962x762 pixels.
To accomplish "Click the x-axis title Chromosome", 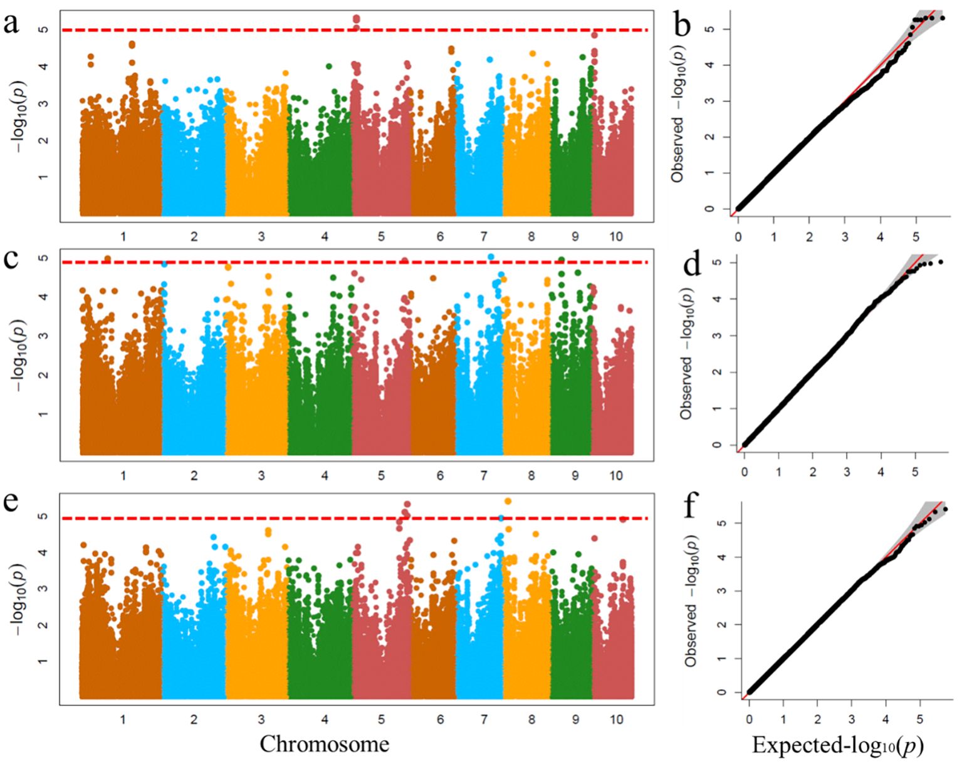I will (324, 744).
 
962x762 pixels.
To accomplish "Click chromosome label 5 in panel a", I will (381, 236).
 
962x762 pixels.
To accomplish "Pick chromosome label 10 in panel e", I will (616, 719).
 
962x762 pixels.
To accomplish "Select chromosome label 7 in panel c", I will (484, 476).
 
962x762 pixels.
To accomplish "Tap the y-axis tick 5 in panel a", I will (42, 29).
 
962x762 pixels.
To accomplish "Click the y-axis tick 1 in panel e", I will (42, 662).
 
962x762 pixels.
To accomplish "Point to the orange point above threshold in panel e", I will (508, 501).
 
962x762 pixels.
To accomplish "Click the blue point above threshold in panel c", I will (491, 257).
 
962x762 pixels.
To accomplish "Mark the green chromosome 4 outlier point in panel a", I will (328, 66).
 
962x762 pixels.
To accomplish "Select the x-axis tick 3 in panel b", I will (845, 237).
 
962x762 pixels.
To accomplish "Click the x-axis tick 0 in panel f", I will (749, 720).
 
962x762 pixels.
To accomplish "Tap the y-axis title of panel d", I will (687, 354).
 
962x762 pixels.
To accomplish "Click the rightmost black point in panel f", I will (945, 510).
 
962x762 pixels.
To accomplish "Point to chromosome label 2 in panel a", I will (194, 236).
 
